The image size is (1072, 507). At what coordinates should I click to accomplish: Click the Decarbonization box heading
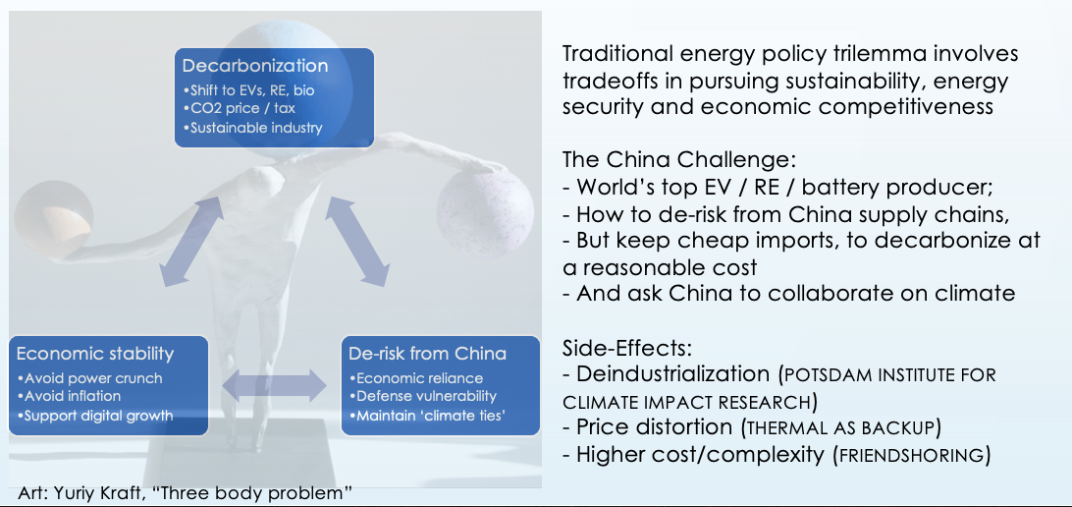255,66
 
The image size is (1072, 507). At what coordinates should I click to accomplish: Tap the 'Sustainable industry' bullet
253,128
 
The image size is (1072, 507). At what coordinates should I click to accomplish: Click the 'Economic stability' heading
95,354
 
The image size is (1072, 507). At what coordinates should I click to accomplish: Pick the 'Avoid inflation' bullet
69,396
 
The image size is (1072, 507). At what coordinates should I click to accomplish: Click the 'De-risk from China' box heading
427,354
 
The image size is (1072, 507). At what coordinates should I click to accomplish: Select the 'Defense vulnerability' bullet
422,396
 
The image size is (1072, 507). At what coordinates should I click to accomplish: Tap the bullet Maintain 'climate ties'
427,415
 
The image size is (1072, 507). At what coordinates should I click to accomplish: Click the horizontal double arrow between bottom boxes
275,386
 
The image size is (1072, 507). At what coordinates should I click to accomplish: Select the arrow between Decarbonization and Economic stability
192,242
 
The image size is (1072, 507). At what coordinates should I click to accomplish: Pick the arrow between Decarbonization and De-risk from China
357,242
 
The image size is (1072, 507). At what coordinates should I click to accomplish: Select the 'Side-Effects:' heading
627,348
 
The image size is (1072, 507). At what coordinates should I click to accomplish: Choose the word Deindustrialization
673,374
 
